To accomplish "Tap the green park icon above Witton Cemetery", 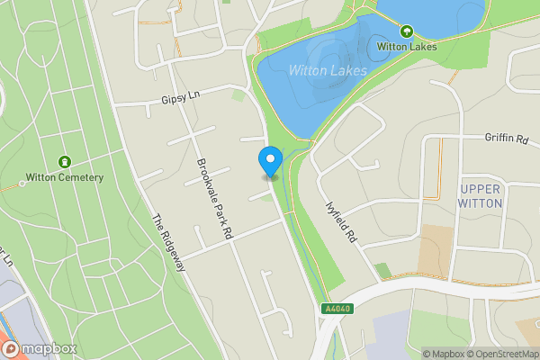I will click(x=64, y=162).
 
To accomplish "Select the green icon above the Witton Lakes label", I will click(x=407, y=31).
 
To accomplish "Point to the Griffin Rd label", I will click(x=507, y=139).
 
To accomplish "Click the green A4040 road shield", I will click(x=335, y=310).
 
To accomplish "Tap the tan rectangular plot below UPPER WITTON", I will click(x=436, y=246).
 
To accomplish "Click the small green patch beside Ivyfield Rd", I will click(x=383, y=270).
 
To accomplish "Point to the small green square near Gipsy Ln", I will click(x=238, y=94).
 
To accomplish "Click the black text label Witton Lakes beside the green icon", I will click(x=407, y=46).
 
